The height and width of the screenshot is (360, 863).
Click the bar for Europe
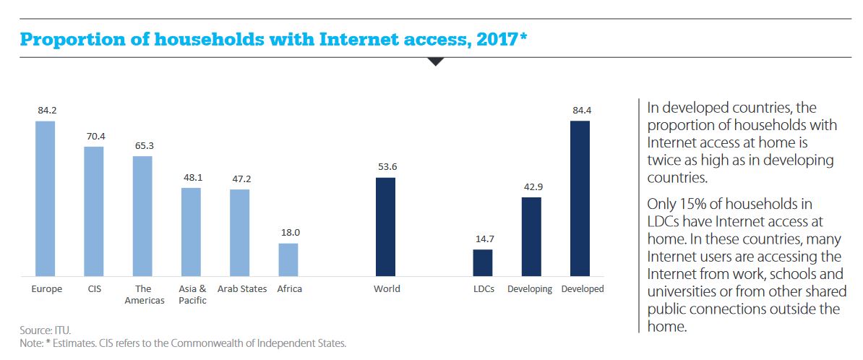point(45,198)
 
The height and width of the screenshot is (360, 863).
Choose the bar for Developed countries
point(580,198)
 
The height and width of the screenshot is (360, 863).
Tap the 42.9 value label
point(531,187)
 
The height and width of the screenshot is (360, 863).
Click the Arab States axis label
point(242,289)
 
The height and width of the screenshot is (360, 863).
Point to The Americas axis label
point(144,294)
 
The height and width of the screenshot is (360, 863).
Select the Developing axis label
point(530,289)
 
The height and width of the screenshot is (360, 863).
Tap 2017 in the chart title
point(492,39)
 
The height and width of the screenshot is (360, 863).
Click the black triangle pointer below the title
point(435,61)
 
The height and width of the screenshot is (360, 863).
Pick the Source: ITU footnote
point(46,330)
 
